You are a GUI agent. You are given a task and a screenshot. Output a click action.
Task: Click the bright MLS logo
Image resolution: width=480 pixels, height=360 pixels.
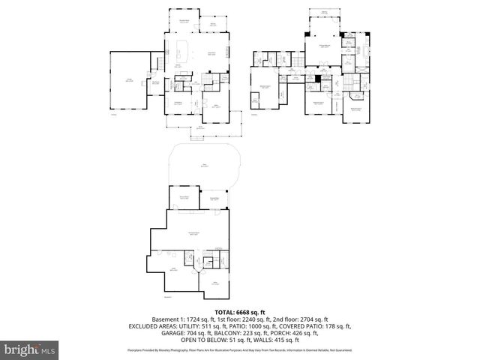pyautogui.click(x=29, y=349)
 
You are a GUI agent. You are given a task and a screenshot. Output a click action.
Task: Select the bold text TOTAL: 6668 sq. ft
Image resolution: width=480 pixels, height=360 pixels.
pyautogui.click(x=240, y=312)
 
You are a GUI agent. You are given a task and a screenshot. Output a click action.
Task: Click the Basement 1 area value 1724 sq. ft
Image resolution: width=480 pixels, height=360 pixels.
pyautogui.click(x=197, y=319)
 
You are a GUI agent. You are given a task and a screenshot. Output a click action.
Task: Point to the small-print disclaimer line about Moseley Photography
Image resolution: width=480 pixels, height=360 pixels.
pyautogui.click(x=240, y=349)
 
